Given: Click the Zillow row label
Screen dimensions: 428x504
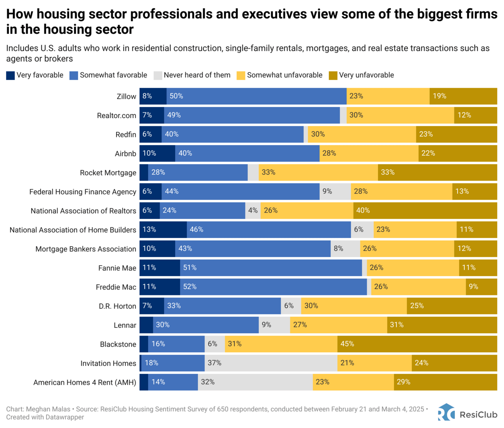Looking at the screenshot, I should click(126, 96).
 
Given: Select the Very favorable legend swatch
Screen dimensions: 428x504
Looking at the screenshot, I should click(11, 75).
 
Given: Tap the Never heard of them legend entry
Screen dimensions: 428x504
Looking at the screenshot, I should click(192, 75).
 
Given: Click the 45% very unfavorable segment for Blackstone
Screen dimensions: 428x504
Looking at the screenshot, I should click(417, 344).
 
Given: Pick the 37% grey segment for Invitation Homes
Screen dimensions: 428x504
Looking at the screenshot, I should click(271, 363).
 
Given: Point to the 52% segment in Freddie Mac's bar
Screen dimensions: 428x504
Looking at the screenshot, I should click(273, 287).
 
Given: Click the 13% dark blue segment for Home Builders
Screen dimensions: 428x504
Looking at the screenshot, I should click(163, 230).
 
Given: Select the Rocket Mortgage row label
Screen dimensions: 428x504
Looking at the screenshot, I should click(108, 173).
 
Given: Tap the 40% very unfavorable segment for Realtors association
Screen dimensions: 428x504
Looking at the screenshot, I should click(425, 211).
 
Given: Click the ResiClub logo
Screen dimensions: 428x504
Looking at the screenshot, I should click(467, 413).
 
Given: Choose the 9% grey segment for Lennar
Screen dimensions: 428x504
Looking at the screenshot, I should click(274, 325).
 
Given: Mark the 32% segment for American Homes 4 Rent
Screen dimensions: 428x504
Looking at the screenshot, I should click(255, 382).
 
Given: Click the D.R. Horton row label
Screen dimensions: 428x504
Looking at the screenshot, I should click(117, 306).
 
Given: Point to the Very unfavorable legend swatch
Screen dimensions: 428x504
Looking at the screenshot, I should click(333, 75).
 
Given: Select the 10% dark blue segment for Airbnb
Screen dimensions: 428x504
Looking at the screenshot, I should click(157, 153).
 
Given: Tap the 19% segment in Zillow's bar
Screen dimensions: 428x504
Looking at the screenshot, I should click(463, 96).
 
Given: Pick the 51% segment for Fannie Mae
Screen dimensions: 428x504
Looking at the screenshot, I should click(271, 268).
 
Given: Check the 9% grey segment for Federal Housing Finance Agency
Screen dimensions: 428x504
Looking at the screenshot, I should click(335, 192).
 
